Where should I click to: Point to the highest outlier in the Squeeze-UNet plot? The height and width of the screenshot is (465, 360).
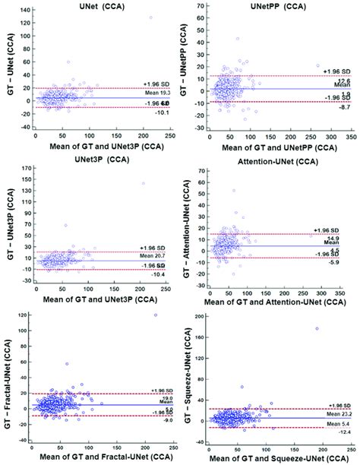pos(316,329)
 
